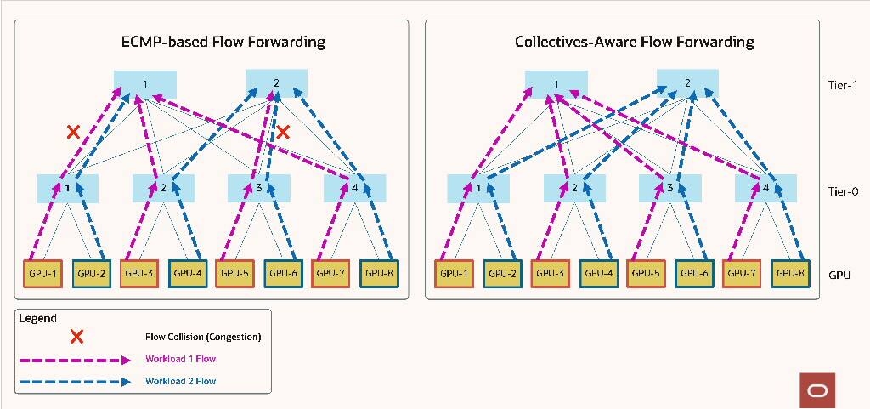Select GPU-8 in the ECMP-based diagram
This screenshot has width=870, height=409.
point(376,273)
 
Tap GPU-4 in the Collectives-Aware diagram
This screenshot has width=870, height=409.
point(600,273)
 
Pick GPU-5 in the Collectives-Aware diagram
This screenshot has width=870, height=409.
point(647,273)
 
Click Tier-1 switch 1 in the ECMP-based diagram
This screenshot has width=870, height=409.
point(145,83)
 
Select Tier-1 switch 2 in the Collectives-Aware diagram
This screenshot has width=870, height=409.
point(687,83)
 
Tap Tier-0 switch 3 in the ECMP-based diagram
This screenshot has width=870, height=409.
point(259,187)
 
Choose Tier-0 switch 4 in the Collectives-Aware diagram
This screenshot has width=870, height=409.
point(765,187)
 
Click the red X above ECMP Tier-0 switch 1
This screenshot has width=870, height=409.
point(74,132)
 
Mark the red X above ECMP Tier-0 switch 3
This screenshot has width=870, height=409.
point(284,132)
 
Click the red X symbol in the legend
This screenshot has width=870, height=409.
point(76,336)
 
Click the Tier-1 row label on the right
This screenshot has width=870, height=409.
point(843,85)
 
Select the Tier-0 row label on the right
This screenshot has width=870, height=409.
point(843,191)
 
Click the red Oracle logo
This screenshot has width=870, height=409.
point(817,389)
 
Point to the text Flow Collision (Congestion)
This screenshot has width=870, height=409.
point(203,337)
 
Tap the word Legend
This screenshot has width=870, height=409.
point(37,318)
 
